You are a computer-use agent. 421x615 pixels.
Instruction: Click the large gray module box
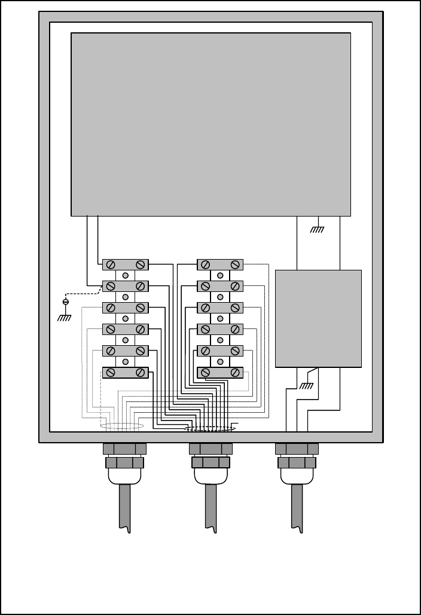(210, 124)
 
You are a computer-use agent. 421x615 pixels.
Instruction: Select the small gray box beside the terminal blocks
(318, 318)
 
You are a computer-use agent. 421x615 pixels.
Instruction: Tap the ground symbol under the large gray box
(318, 227)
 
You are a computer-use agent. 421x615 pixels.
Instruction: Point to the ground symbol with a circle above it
(65, 312)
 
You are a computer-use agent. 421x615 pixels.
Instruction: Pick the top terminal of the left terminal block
(125, 264)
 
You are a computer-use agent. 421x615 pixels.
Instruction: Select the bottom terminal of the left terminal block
(125, 372)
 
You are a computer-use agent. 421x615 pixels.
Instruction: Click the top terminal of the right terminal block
(220, 264)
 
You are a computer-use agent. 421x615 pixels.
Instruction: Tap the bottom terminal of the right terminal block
(220, 372)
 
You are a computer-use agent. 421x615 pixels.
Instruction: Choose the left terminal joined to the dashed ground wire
(125, 286)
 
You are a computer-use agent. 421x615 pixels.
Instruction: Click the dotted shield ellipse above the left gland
(122, 426)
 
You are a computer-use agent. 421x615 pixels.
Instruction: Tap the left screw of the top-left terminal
(111, 264)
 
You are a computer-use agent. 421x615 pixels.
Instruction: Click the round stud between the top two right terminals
(220, 275)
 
